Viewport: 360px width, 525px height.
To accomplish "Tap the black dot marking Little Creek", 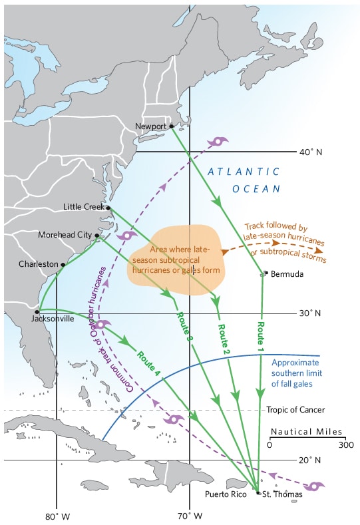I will coord(108,208).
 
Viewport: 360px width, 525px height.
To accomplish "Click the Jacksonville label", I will coord(52,319).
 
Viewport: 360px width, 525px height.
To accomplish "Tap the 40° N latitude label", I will coord(310,152).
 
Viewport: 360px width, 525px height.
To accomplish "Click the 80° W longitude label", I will coord(58,516).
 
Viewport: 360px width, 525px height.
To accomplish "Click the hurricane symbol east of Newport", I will coord(218,142).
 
